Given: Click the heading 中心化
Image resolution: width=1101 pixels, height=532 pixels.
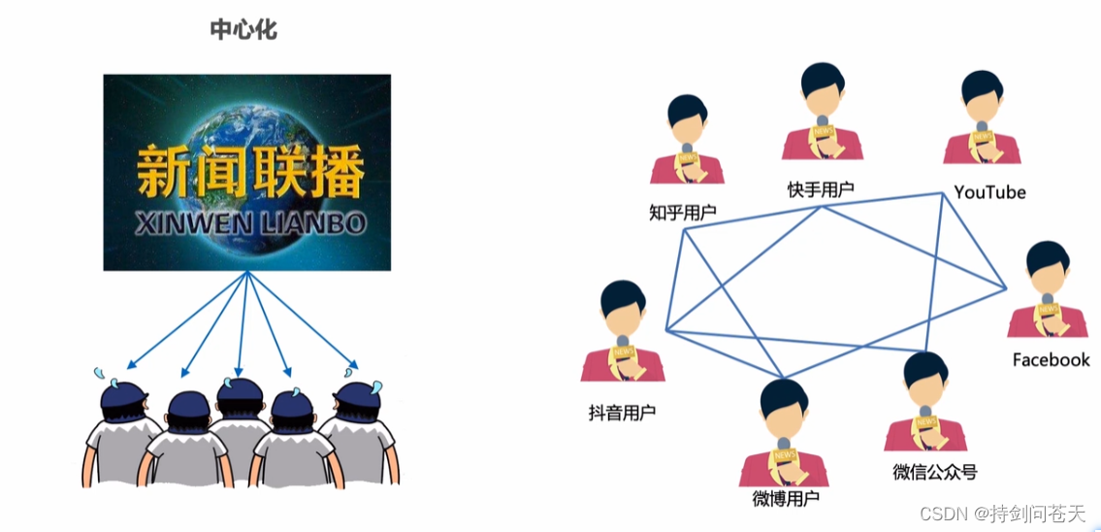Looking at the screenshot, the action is click(x=244, y=29).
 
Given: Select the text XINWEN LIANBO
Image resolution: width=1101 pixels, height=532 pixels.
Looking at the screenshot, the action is click(x=249, y=224).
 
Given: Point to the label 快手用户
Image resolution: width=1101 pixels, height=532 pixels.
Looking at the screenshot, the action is click(x=820, y=188).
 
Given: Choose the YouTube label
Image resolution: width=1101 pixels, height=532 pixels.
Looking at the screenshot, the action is click(x=989, y=192).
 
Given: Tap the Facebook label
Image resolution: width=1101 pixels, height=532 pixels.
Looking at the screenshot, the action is click(x=1051, y=360).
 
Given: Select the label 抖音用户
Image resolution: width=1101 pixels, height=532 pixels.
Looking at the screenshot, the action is click(x=622, y=413).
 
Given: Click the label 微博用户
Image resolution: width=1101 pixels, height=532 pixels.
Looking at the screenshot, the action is click(x=786, y=500).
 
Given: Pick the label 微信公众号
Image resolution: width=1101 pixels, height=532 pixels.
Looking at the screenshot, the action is click(x=934, y=472).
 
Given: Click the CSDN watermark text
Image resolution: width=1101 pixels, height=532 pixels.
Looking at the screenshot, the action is click(x=1003, y=514).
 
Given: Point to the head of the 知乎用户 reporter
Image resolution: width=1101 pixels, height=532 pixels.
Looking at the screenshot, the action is click(x=688, y=121).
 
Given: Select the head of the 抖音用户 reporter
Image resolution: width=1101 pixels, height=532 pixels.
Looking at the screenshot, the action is click(x=622, y=309).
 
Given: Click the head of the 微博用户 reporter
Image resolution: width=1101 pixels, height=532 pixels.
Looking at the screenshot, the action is click(x=785, y=409).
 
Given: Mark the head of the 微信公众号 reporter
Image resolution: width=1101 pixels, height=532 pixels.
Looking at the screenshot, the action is click(x=925, y=380).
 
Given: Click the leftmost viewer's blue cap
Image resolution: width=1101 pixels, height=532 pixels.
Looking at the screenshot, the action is click(x=123, y=395).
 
